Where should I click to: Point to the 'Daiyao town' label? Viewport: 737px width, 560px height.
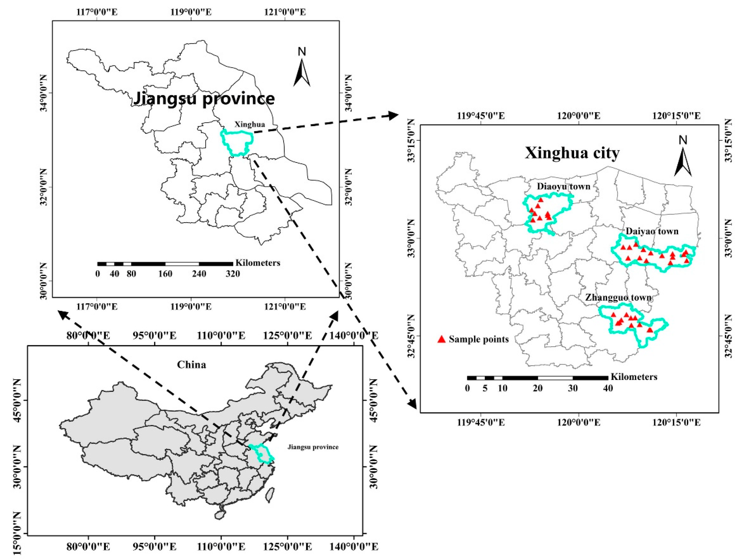(652, 231)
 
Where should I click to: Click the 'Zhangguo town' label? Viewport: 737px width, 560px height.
(618, 297)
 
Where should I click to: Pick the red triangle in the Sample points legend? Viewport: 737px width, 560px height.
(442, 339)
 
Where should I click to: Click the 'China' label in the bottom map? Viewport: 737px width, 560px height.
(191, 365)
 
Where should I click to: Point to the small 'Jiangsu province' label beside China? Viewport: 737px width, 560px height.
(313, 447)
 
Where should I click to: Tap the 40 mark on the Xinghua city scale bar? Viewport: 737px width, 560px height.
(608, 388)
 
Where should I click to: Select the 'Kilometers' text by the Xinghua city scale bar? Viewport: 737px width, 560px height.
(634, 377)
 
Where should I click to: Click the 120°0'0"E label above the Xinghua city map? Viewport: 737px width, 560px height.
(579, 116)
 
